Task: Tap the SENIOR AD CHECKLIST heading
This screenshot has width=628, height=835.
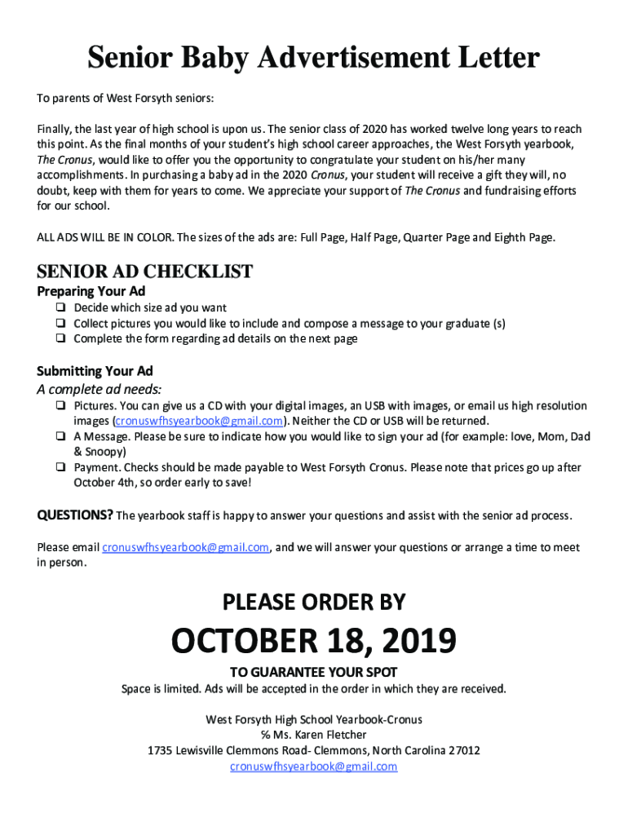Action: click(145, 272)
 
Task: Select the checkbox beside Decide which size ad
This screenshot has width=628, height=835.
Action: click(60, 308)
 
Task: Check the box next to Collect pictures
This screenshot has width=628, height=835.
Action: click(60, 324)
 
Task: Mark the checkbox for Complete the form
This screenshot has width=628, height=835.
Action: click(60, 339)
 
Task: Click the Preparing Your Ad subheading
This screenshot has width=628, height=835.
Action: click(91, 291)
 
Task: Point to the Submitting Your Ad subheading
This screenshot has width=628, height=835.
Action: click(95, 371)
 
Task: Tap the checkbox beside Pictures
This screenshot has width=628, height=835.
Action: click(60, 406)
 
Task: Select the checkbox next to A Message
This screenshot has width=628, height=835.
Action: click(60, 437)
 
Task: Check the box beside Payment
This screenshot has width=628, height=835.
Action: click(60, 468)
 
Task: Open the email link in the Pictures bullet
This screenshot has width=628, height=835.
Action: click(199, 421)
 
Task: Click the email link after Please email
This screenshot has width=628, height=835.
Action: click(185, 547)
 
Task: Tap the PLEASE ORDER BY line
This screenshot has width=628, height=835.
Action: click(314, 603)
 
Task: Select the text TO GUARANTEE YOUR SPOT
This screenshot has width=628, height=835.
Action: click(314, 673)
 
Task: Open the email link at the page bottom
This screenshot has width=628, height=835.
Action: click(314, 767)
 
